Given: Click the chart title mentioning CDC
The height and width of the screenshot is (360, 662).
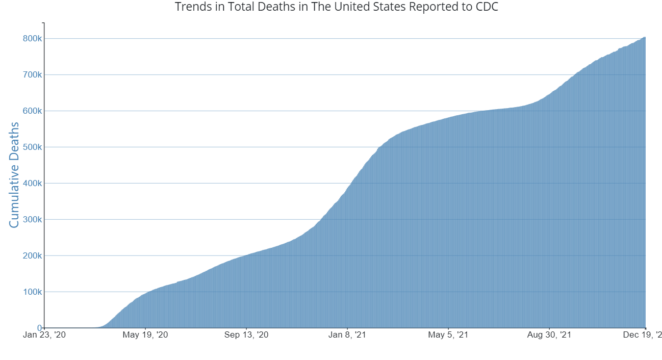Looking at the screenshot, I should pos(336,7).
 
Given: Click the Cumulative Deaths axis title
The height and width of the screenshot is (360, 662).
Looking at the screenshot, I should pos(14,175).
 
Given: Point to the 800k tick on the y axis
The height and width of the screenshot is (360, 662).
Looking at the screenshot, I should pos(32,39).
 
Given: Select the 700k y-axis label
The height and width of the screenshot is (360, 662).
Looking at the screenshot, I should pos(32,75).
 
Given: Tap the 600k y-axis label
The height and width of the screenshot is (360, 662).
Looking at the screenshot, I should pos(32,111).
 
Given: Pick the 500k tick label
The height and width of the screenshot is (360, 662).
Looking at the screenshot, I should pos(32,147).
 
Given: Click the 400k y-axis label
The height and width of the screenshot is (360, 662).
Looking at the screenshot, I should pos(32,184).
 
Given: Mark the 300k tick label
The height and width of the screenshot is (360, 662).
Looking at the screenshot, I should pos(32,220).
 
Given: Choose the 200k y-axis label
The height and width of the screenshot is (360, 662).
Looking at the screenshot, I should pos(32,256).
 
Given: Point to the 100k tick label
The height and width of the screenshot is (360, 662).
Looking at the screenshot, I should pos(32,292).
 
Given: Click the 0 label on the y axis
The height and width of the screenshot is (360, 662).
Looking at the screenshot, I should pos(39,328).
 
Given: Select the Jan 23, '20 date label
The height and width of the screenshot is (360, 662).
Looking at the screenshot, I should pos(44,335).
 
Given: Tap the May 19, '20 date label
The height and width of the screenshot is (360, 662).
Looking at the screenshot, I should pos(145,335).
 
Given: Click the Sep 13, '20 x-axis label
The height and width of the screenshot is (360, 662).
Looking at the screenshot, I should pos(246,335).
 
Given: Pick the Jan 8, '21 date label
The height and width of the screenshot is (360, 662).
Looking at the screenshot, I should pos(347,335).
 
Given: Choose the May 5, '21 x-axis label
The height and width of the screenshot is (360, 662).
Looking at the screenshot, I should pos(448,335).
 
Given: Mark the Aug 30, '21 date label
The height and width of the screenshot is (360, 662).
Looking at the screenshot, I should pos(549,335).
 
